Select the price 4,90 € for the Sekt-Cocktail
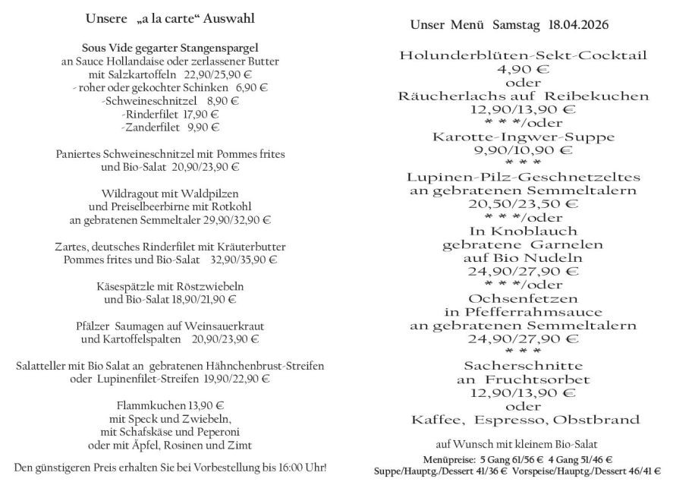click(x=523, y=69)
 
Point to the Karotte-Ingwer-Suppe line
click(x=523, y=137)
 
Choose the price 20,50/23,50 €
click(x=523, y=203)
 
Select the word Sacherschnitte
click(x=523, y=365)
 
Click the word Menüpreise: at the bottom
click(x=450, y=459)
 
